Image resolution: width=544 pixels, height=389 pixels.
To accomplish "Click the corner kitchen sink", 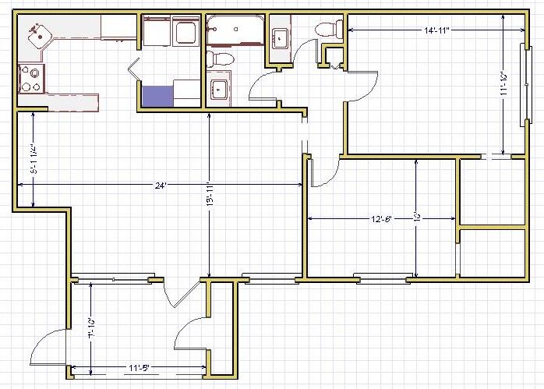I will point(37,34).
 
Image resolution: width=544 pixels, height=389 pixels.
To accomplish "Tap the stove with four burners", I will point(32,78).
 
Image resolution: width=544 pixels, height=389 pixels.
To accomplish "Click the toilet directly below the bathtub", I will point(223,58).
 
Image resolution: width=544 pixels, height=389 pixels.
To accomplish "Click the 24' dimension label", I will point(161,186).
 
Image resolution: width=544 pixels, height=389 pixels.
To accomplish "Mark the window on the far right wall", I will point(523,85).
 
